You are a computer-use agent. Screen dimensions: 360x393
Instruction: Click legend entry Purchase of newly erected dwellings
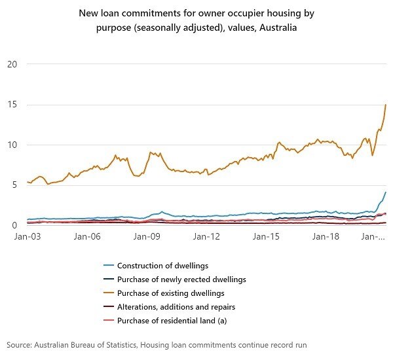tap(181, 279)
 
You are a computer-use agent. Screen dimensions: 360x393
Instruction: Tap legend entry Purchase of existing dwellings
tap(171, 293)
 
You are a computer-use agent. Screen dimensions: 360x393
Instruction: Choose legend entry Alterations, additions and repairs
tap(176, 306)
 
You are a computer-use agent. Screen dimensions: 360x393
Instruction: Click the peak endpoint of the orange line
tap(386, 105)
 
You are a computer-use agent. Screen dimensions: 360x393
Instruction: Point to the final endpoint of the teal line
tap(386, 192)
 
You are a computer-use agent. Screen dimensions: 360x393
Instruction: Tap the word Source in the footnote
tap(20, 344)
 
